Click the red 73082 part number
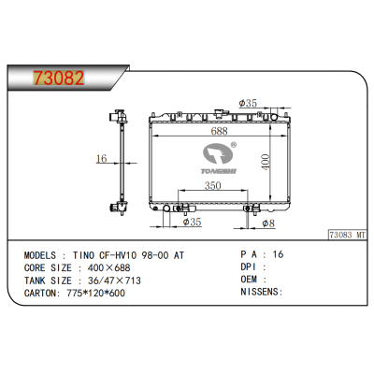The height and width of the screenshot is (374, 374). [53, 76]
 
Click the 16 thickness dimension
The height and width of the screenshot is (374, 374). [101, 160]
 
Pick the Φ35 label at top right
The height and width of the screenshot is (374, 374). [249, 103]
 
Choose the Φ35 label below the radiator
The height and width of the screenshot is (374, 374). [194, 223]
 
